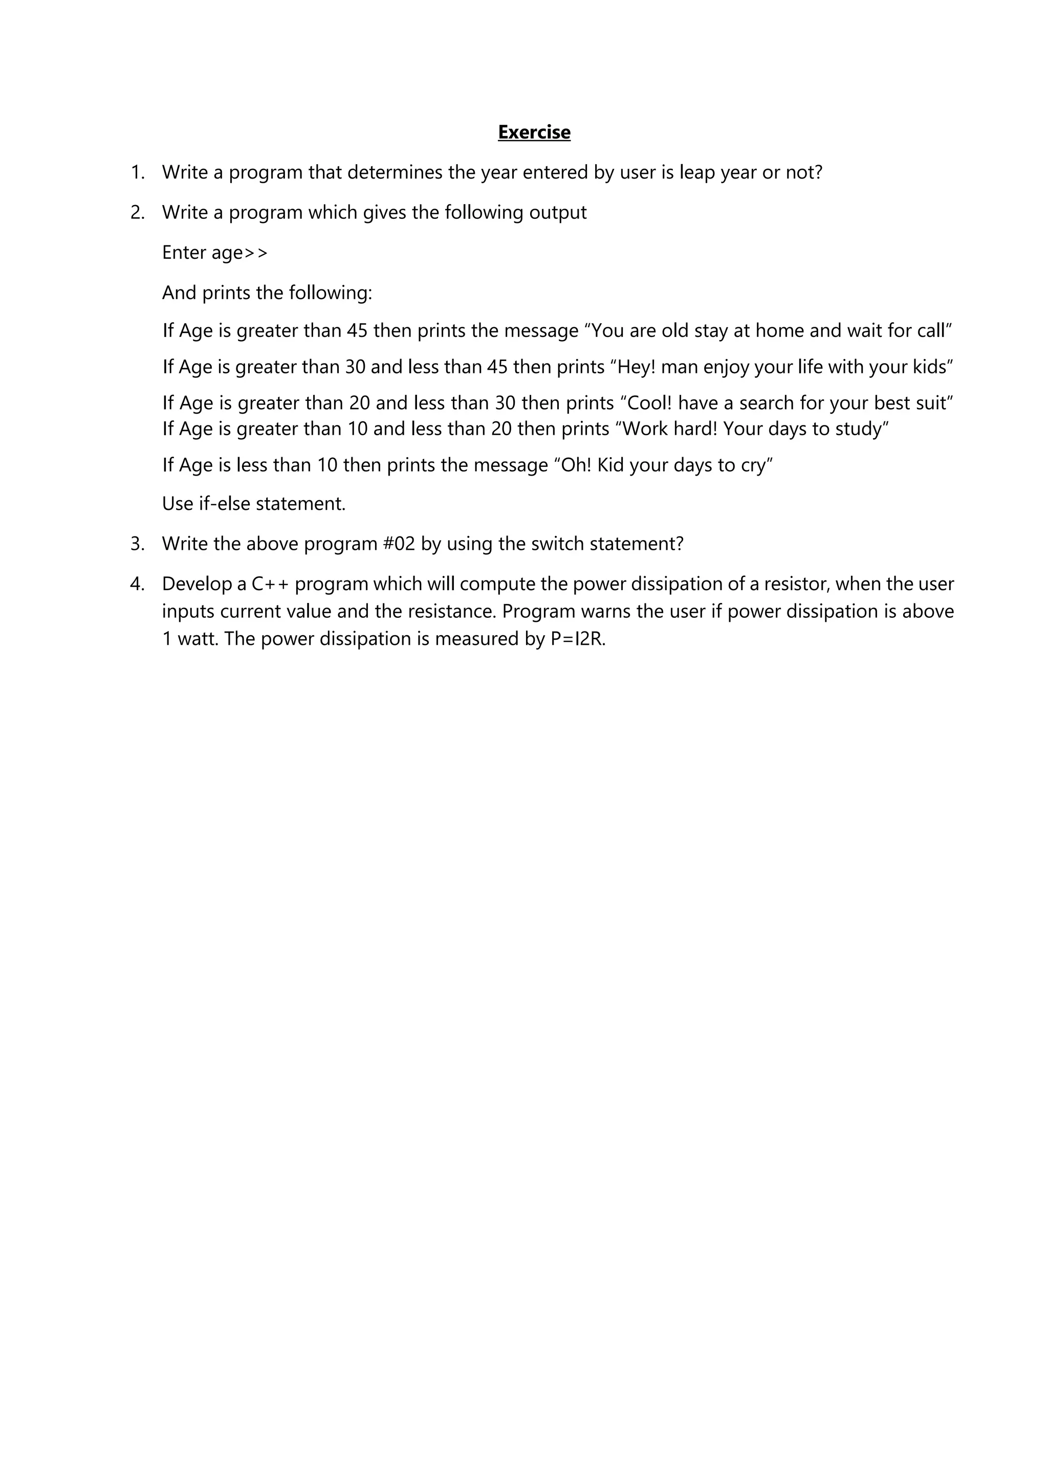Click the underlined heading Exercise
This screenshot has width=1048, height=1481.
click(534, 132)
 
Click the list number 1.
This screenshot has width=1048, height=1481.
click(137, 173)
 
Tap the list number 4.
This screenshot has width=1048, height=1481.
click(137, 585)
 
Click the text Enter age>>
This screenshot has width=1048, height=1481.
click(215, 253)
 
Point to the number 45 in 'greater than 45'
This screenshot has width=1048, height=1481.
click(357, 331)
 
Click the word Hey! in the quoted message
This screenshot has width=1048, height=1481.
click(636, 367)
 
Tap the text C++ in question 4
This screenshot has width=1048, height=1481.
click(270, 585)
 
